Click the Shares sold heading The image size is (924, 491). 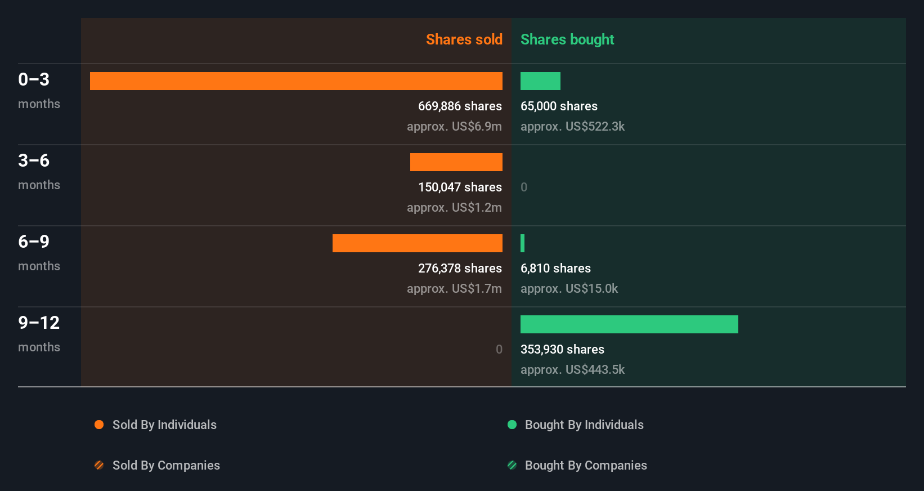click(x=464, y=39)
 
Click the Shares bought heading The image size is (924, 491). click(x=567, y=39)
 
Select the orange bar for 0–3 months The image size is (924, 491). click(x=296, y=81)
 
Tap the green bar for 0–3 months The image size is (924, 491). click(x=540, y=81)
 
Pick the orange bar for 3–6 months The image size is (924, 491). click(x=456, y=162)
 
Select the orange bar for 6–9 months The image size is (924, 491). click(x=417, y=243)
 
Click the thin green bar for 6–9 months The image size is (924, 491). click(x=523, y=243)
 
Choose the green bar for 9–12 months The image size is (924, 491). click(x=629, y=324)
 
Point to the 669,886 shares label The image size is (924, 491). click(x=460, y=106)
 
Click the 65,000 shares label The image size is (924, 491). click(x=559, y=106)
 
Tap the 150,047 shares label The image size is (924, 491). click(x=460, y=187)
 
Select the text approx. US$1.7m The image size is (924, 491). click(x=454, y=288)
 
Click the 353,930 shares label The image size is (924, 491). click(x=562, y=349)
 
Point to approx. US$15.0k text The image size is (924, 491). click(x=569, y=288)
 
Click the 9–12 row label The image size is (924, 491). click(x=39, y=323)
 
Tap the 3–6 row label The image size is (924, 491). click(x=34, y=160)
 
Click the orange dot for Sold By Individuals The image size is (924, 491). click(x=99, y=425)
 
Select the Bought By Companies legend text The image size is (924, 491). click(x=586, y=465)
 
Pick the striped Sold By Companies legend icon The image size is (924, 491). click(x=99, y=465)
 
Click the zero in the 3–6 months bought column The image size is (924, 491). click(x=524, y=187)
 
